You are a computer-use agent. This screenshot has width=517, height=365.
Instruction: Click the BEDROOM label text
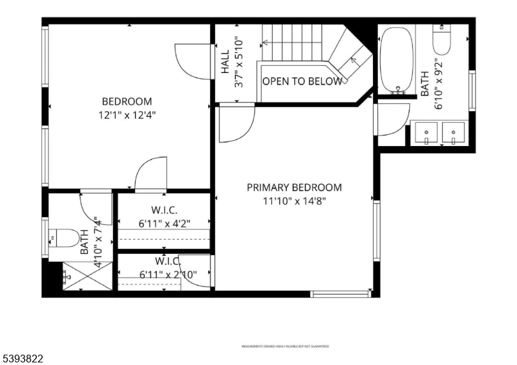(127, 101)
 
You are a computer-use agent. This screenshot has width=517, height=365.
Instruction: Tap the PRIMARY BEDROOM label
(294, 187)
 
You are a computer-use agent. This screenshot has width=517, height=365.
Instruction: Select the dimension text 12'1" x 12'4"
(127, 115)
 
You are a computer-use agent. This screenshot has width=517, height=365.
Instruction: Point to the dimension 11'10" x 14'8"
(294, 201)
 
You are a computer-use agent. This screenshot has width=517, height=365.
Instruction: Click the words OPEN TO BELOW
(302, 81)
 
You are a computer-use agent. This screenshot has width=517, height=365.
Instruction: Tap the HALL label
(225, 63)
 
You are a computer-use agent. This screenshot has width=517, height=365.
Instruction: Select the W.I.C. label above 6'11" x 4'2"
(164, 211)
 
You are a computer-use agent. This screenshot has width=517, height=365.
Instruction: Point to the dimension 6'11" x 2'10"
(168, 275)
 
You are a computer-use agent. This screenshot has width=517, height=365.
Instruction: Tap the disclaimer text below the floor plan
(285, 347)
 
